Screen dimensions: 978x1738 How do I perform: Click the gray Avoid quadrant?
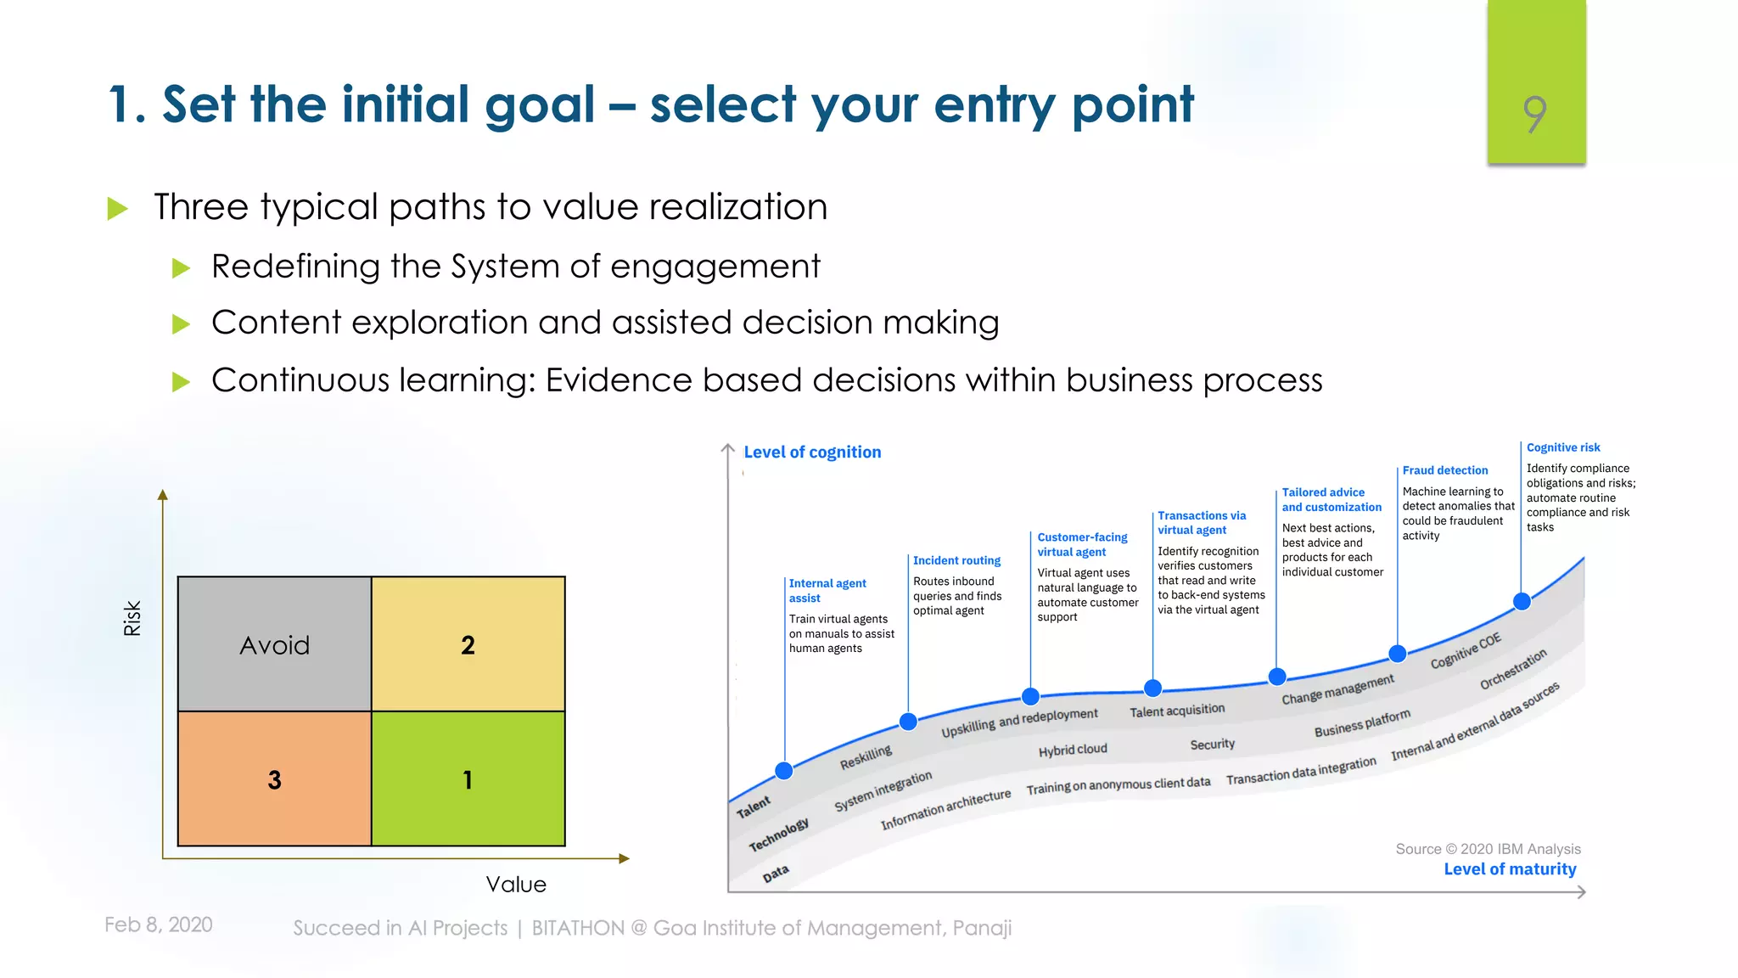(x=274, y=644)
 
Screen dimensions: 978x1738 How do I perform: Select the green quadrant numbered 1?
(x=468, y=778)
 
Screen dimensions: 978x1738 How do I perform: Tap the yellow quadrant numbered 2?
(x=468, y=644)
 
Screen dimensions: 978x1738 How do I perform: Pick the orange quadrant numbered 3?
(x=274, y=778)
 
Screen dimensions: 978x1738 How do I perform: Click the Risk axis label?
(x=132, y=618)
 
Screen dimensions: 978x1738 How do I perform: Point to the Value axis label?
(x=516, y=885)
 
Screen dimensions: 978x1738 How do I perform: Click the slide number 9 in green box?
(x=1535, y=114)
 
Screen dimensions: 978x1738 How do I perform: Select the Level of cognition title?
(x=812, y=452)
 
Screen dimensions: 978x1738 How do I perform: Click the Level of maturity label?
(x=1510, y=869)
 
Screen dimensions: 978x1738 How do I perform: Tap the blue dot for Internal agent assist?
(x=784, y=771)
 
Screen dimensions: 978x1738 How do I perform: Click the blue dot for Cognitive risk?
(x=1522, y=601)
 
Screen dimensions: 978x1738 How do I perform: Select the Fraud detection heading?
(x=1444, y=470)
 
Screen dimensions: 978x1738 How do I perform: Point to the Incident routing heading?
(x=956, y=560)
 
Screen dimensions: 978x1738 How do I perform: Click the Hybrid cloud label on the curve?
(x=1073, y=750)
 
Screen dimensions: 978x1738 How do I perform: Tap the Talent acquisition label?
(x=1177, y=711)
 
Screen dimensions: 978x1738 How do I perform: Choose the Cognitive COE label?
(x=1466, y=650)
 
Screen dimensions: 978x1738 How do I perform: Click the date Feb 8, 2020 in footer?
(x=159, y=925)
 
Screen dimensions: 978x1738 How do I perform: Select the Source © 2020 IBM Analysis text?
(x=1488, y=849)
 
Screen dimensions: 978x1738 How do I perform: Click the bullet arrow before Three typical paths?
(x=118, y=208)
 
